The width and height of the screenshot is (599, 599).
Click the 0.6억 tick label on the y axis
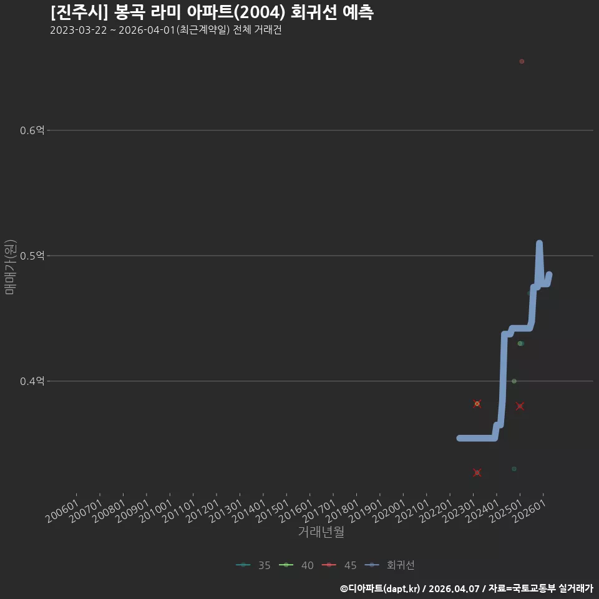click(x=32, y=130)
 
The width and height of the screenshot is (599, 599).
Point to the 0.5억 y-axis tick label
click(x=32, y=256)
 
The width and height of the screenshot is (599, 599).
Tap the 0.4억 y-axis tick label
click(x=32, y=381)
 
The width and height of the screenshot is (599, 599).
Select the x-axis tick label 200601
click(x=62, y=511)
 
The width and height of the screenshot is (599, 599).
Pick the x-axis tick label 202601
click(x=529, y=511)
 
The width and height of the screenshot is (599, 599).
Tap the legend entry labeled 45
click(x=339, y=565)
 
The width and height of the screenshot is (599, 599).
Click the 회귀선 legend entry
click(x=389, y=565)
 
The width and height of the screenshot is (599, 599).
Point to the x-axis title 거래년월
click(x=321, y=532)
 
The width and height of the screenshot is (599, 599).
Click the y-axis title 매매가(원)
click(x=10, y=267)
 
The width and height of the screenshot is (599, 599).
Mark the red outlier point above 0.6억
click(x=522, y=62)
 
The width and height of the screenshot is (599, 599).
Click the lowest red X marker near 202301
click(x=477, y=472)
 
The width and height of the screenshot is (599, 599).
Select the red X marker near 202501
click(x=520, y=406)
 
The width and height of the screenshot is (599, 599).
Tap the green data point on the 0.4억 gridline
click(x=514, y=381)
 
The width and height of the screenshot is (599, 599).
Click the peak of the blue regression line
click(x=539, y=243)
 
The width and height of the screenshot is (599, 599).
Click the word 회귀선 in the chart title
click(x=314, y=12)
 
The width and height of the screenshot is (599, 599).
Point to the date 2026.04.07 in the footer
click(x=454, y=588)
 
